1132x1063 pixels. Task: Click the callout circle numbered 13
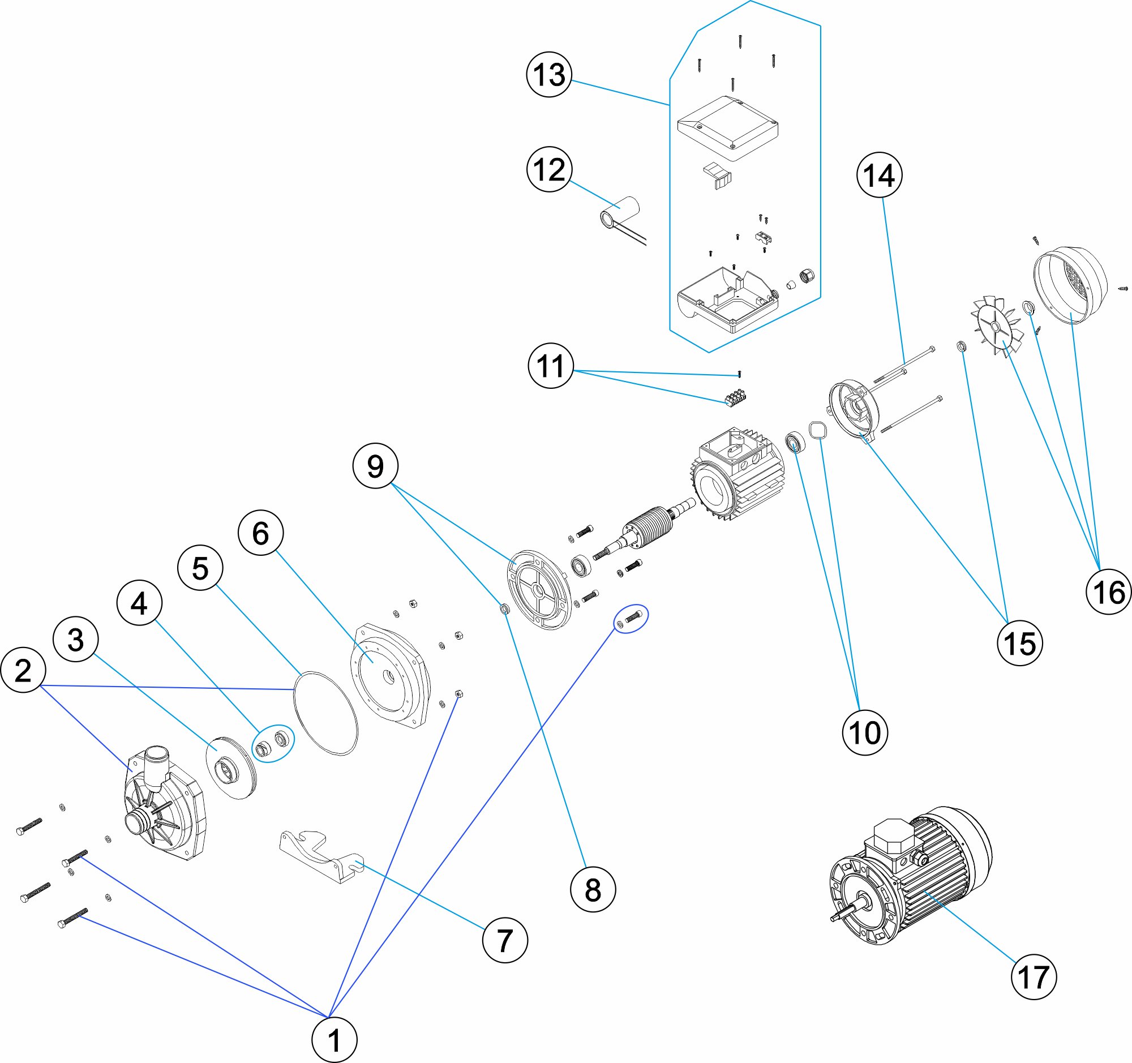549,74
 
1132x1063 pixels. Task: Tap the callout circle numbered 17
1034,977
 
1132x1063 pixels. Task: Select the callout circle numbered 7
505,940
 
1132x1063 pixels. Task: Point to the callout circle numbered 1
335,1040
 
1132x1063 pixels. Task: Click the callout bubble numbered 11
551,366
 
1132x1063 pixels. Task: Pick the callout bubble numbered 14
880,175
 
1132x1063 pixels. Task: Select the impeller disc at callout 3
230,768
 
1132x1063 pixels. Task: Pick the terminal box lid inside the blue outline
728,128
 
